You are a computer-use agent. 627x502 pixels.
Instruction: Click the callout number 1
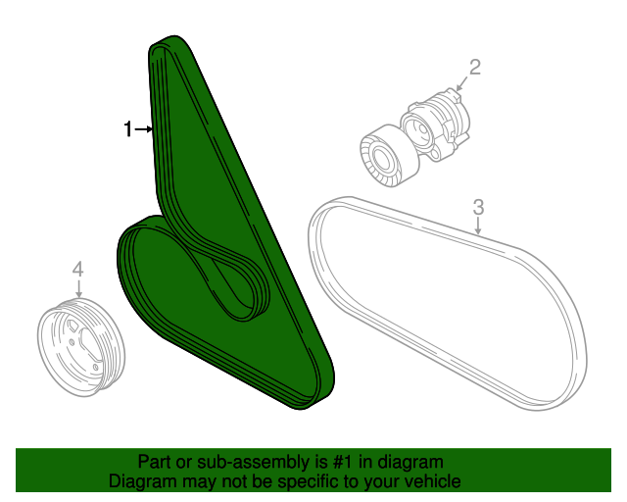pyautogui.click(x=127, y=129)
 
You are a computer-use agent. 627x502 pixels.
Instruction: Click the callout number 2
pyautogui.click(x=474, y=67)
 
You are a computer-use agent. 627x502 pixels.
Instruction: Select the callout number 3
pyautogui.click(x=478, y=207)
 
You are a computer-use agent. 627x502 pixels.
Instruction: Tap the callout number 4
pyautogui.click(x=78, y=269)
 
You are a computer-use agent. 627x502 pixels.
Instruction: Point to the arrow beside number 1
pyautogui.click(x=144, y=129)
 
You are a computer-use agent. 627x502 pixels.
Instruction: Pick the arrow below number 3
pyautogui.click(x=478, y=226)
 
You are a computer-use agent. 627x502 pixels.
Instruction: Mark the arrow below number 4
pyautogui.click(x=78, y=288)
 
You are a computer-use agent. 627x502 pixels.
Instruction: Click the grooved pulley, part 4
pyautogui.click(x=81, y=347)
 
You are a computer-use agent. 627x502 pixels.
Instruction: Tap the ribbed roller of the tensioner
pyautogui.click(x=389, y=156)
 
